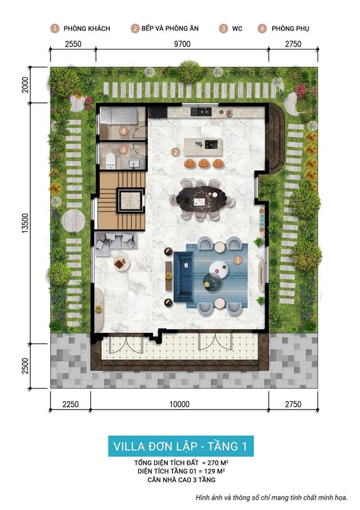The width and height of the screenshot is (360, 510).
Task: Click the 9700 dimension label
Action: pyautogui.click(x=180, y=44)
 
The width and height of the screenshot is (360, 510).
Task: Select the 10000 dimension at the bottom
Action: pyautogui.click(x=180, y=404)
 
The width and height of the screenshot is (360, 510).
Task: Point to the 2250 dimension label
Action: pyautogui.click(x=70, y=404)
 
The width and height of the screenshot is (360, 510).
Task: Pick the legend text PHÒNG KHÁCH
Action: pyautogui.click(x=87, y=28)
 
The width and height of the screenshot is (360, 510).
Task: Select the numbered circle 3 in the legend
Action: pyautogui.click(x=224, y=28)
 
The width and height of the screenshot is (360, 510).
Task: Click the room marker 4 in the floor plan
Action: pyautogui.click(x=123, y=130)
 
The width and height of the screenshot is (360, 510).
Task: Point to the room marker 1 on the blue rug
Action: pyautogui.click(x=238, y=260)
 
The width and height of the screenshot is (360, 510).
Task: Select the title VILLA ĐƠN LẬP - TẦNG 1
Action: pyautogui.click(x=181, y=445)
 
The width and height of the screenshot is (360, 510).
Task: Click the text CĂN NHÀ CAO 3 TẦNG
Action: pyautogui.click(x=181, y=480)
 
